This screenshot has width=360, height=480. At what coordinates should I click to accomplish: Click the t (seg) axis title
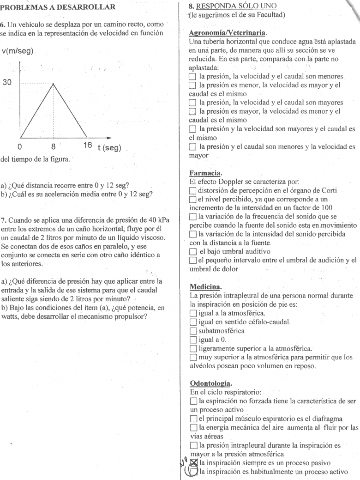click(x=109, y=147)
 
